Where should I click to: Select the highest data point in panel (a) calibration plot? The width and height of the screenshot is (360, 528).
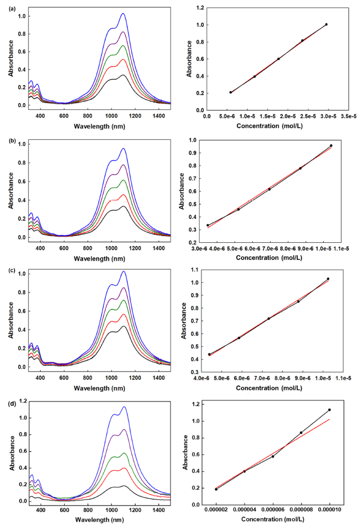326,25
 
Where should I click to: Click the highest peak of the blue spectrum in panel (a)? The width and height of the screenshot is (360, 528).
122,14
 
